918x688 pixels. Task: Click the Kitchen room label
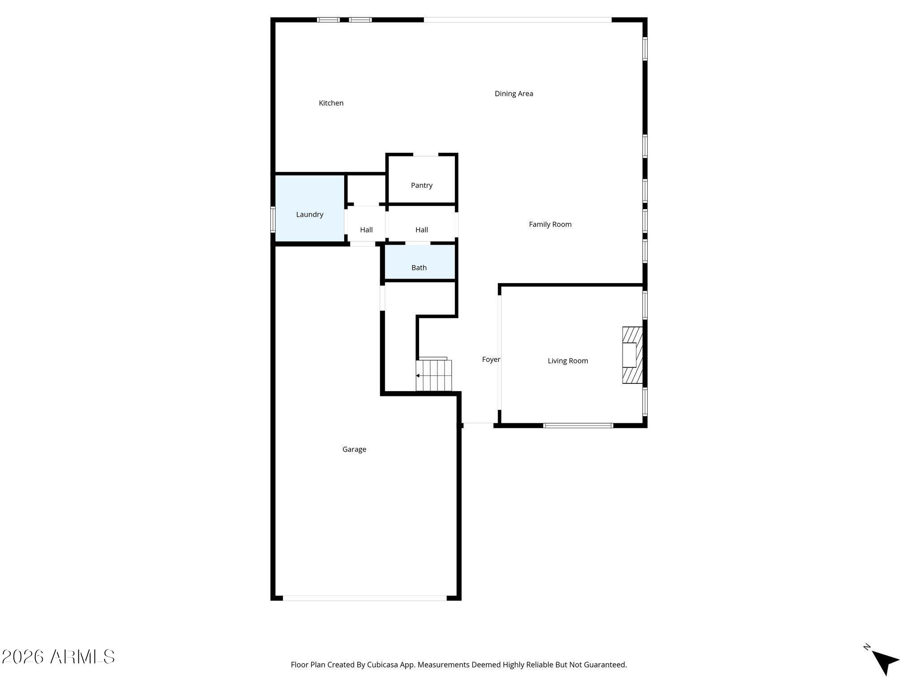[x=331, y=103]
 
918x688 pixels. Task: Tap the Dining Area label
[x=514, y=94]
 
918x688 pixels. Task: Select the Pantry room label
[x=421, y=185]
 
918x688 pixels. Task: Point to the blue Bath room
[x=420, y=262]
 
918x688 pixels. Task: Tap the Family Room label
[x=550, y=224]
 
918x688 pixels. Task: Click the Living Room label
[x=567, y=361]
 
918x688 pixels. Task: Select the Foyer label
[x=491, y=359]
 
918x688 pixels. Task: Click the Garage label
[x=354, y=449]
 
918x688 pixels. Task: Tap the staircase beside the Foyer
[x=434, y=375]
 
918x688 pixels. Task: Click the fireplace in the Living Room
[x=632, y=355]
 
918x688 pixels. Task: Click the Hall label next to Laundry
[x=366, y=230]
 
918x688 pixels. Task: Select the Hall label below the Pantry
[x=421, y=230]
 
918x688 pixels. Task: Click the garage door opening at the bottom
[x=364, y=598]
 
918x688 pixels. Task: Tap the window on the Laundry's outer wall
[x=273, y=219]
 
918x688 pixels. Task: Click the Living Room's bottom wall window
[x=578, y=426]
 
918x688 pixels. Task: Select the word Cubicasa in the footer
[x=383, y=665]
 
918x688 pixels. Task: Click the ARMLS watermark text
[x=58, y=657]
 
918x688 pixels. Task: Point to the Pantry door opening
[x=425, y=155]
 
